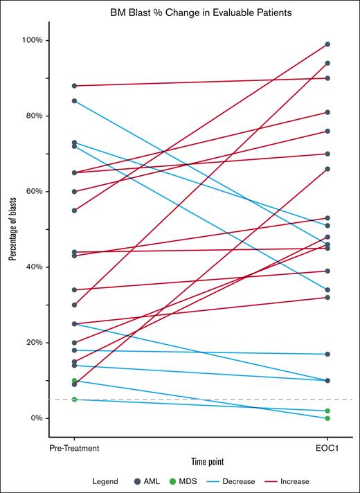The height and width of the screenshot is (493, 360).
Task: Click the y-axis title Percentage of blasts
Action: [13, 228]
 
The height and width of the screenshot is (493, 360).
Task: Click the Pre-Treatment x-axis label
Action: [74, 448]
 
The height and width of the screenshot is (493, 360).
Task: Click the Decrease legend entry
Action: [253, 481]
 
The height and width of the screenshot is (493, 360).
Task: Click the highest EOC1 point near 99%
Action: [327, 44]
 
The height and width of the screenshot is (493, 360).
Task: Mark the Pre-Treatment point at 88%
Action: [74, 86]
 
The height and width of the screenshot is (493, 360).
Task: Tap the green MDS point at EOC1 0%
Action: [327, 418]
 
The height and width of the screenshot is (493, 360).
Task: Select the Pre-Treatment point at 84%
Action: [74, 101]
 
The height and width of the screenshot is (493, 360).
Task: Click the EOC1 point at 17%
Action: [327, 354]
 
